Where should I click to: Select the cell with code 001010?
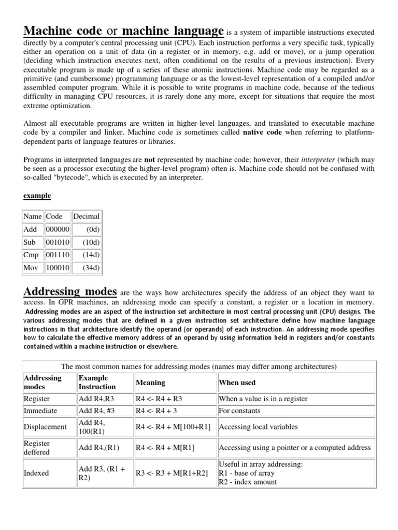pos(58,242)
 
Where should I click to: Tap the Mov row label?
pos(32,268)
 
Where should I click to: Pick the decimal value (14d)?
pos(91,255)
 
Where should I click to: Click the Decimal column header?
pos(86,216)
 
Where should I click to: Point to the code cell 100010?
pos(58,268)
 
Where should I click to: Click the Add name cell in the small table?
pos(31,229)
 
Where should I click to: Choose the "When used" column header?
pos(237,382)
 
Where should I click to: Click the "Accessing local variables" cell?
pos(259,427)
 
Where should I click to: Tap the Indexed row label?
pos(37,473)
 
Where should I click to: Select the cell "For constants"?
pos(239,411)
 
